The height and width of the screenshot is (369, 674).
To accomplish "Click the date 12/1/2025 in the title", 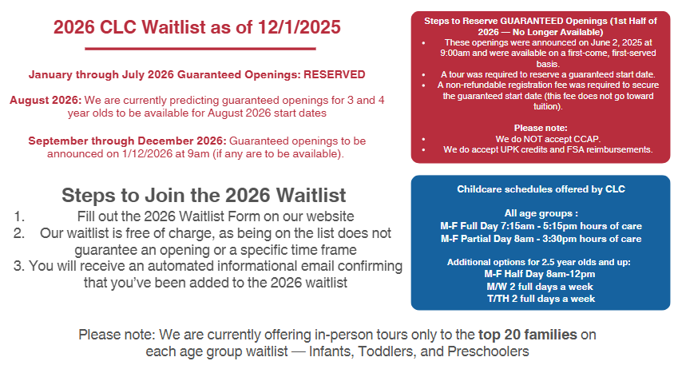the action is tap(299, 27).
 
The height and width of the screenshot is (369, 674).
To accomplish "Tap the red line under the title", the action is tap(200, 49).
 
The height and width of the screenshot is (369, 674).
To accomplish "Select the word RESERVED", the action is tap(335, 74).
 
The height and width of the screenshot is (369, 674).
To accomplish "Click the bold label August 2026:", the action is tap(46, 100).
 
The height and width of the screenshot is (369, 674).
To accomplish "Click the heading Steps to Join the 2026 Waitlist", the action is tap(204, 195).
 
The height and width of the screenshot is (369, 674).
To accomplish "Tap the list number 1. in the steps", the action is tap(19, 216).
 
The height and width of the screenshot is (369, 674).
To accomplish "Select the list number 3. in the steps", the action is tap(19, 266).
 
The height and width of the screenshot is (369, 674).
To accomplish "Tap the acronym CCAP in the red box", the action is tap(589, 139).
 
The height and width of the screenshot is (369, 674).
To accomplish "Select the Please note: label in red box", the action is tap(541, 128).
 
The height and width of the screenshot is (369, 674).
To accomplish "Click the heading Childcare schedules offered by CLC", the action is tap(541, 189).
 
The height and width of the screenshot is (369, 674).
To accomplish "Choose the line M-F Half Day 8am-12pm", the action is tap(540, 274).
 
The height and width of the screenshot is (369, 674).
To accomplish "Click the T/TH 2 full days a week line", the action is tap(541, 299).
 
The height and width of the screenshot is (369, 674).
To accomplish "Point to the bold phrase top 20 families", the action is tap(528, 335).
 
